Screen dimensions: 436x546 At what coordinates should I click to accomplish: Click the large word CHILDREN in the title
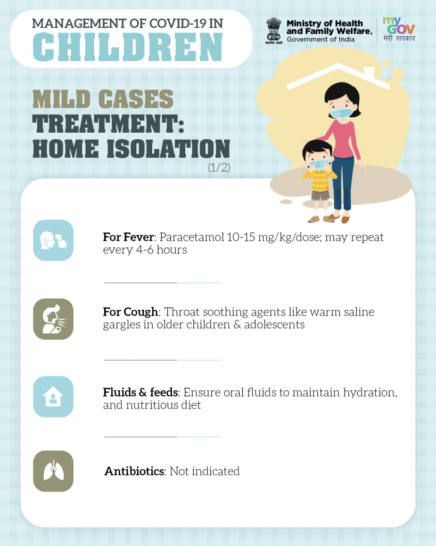tap(128, 47)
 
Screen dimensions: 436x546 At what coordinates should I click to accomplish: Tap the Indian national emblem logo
tap(274, 30)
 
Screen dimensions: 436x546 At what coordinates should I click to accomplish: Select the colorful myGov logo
tap(399, 29)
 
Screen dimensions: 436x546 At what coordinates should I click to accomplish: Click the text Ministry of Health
tap(324, 23)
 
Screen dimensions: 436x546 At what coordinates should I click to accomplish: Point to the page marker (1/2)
tap(219, 167)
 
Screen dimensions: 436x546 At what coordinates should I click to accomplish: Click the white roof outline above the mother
tap(338, 75)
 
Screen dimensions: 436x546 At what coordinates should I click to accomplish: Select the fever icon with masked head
tap(53, 240)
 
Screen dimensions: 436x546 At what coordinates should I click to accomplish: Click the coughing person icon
tap(53, 319)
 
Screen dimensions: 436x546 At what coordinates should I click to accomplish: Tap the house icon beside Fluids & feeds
tap(53, 397)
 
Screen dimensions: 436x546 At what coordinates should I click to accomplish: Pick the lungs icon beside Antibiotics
tap(53, 471)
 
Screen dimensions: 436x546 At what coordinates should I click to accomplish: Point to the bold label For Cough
tap(130, 311)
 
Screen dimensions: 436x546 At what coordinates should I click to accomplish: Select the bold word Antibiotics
tap(135, 471)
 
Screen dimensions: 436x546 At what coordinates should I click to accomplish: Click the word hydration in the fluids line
tap(370, 393)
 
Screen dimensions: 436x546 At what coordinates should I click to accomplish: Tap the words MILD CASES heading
tap(103, 99)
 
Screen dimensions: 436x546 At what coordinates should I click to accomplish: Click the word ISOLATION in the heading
tap(168, 149)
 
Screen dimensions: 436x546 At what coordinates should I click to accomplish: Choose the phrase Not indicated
tap(205, 471)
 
